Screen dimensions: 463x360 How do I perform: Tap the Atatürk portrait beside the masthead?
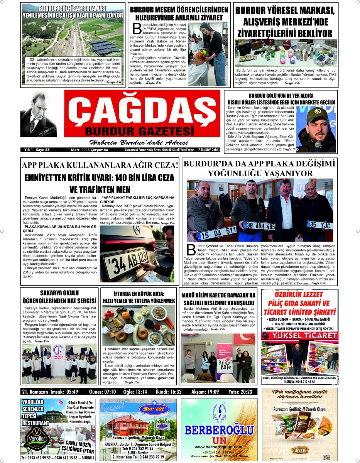(x=39, y=115)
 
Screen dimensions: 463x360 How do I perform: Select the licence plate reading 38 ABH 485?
(x=260, y=226)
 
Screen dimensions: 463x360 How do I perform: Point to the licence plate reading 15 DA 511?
(x=216, y=232)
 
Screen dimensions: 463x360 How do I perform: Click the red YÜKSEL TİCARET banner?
(x=299, y=336)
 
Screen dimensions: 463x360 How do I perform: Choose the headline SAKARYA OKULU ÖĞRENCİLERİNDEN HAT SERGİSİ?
(x=59, y=297)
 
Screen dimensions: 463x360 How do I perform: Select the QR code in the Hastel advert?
(x=326, y=457)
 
